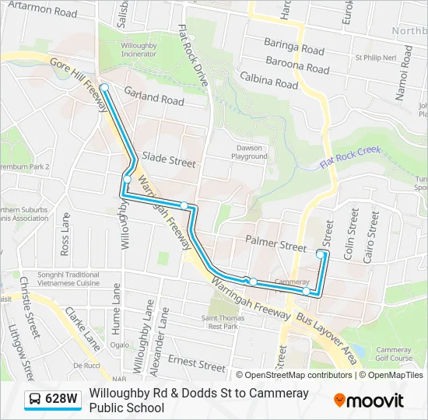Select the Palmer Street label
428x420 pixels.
[x=275, y=245]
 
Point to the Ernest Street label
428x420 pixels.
[x=197, y=362]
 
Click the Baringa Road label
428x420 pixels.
[x=293, y=48]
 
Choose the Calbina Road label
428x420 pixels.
[x=269, y=80]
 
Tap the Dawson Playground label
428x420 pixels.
[x=249, y=152]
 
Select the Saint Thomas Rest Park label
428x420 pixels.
[x=219, y=321]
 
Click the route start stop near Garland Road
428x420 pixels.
[x=103, y=88]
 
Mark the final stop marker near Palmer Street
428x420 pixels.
[x=321, y=254]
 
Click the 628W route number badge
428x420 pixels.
[x=61, y=399]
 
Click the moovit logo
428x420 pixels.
[x=369, y=401]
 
